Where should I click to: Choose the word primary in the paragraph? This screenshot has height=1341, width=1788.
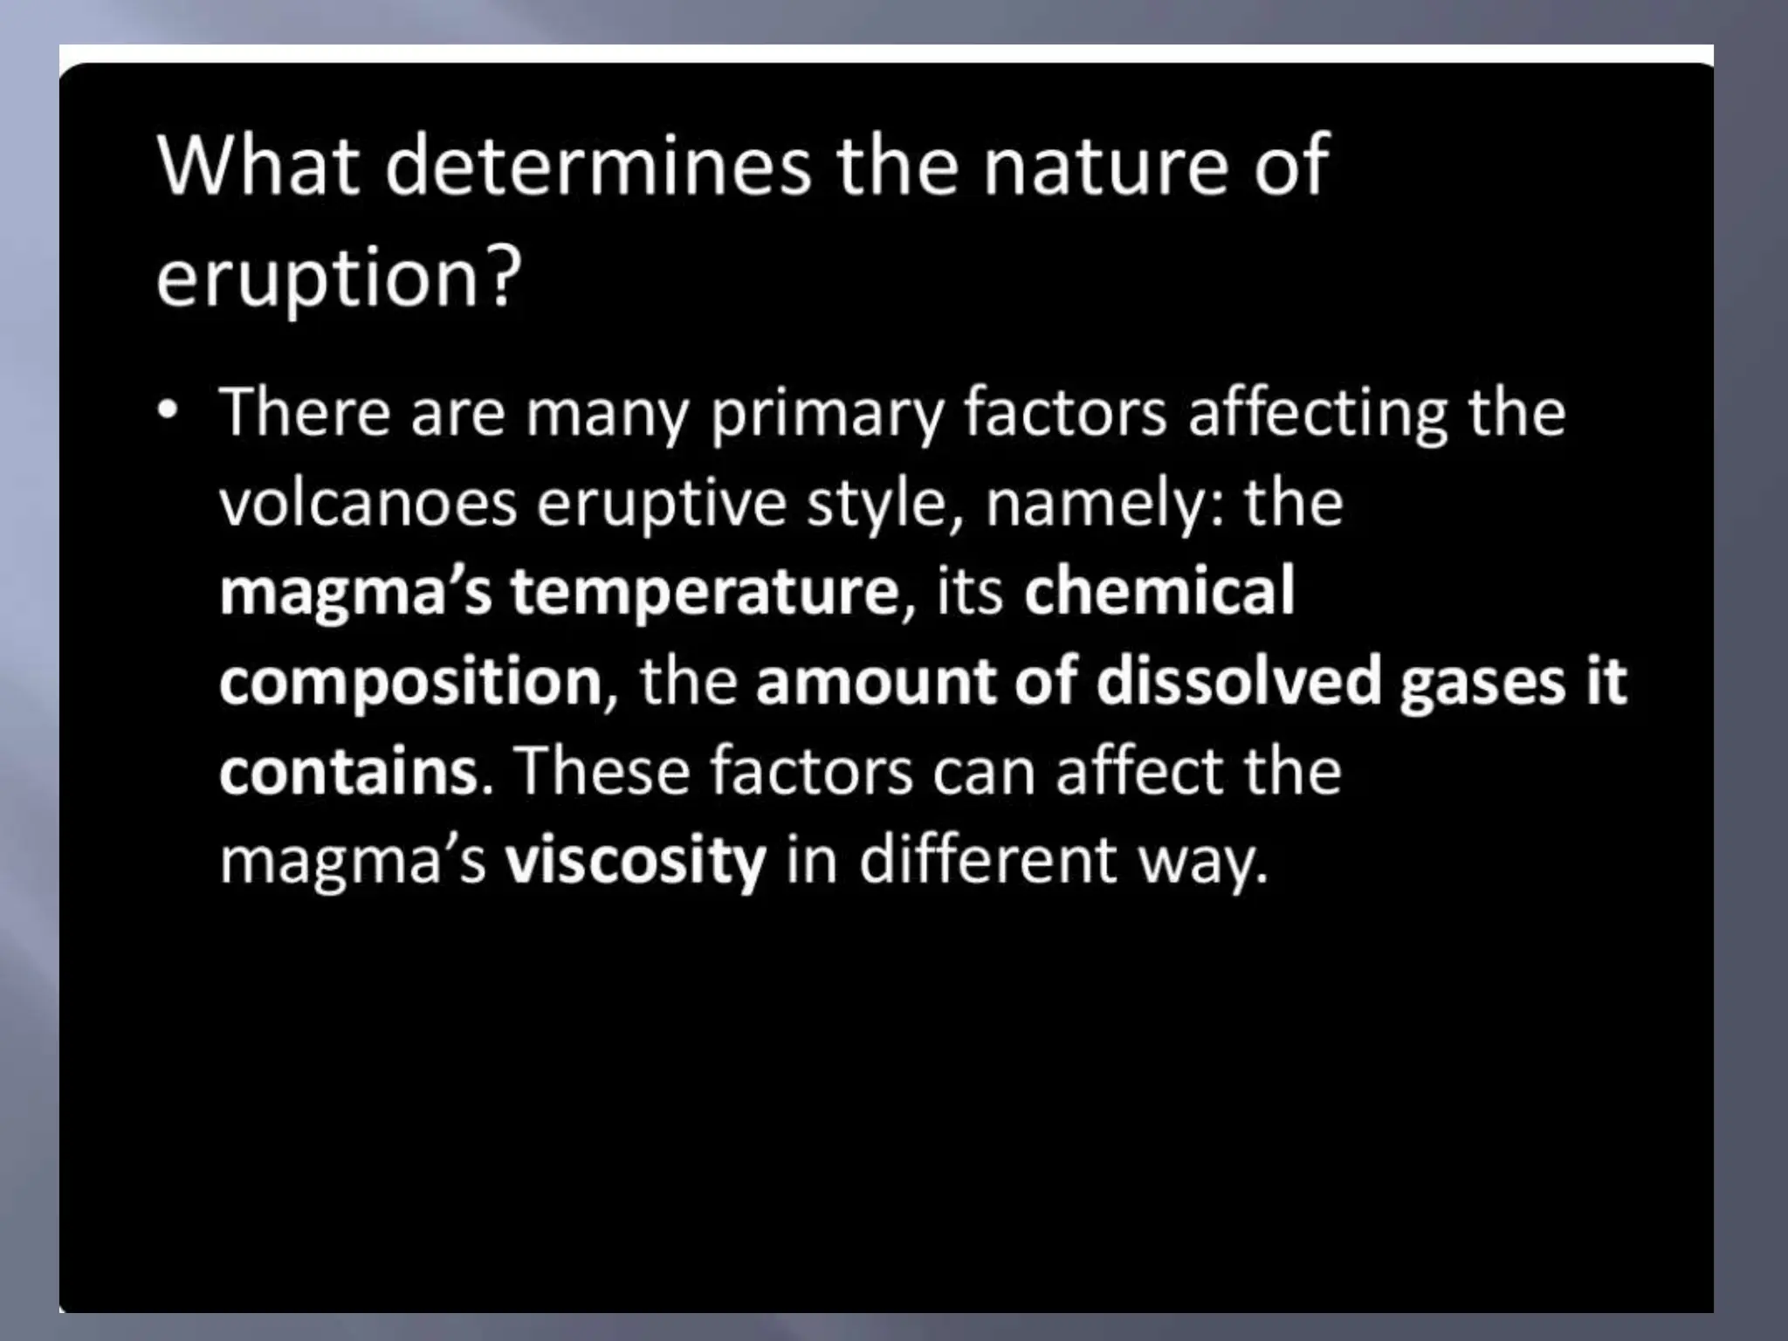tap(826, 414)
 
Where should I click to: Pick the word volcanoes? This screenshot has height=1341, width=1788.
tap(368, 504)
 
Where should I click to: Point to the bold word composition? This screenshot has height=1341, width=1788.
tap(410, 683)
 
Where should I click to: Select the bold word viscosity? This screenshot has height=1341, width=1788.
tap(636, 861)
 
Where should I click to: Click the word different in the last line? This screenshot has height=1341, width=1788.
tap(988, 859)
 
